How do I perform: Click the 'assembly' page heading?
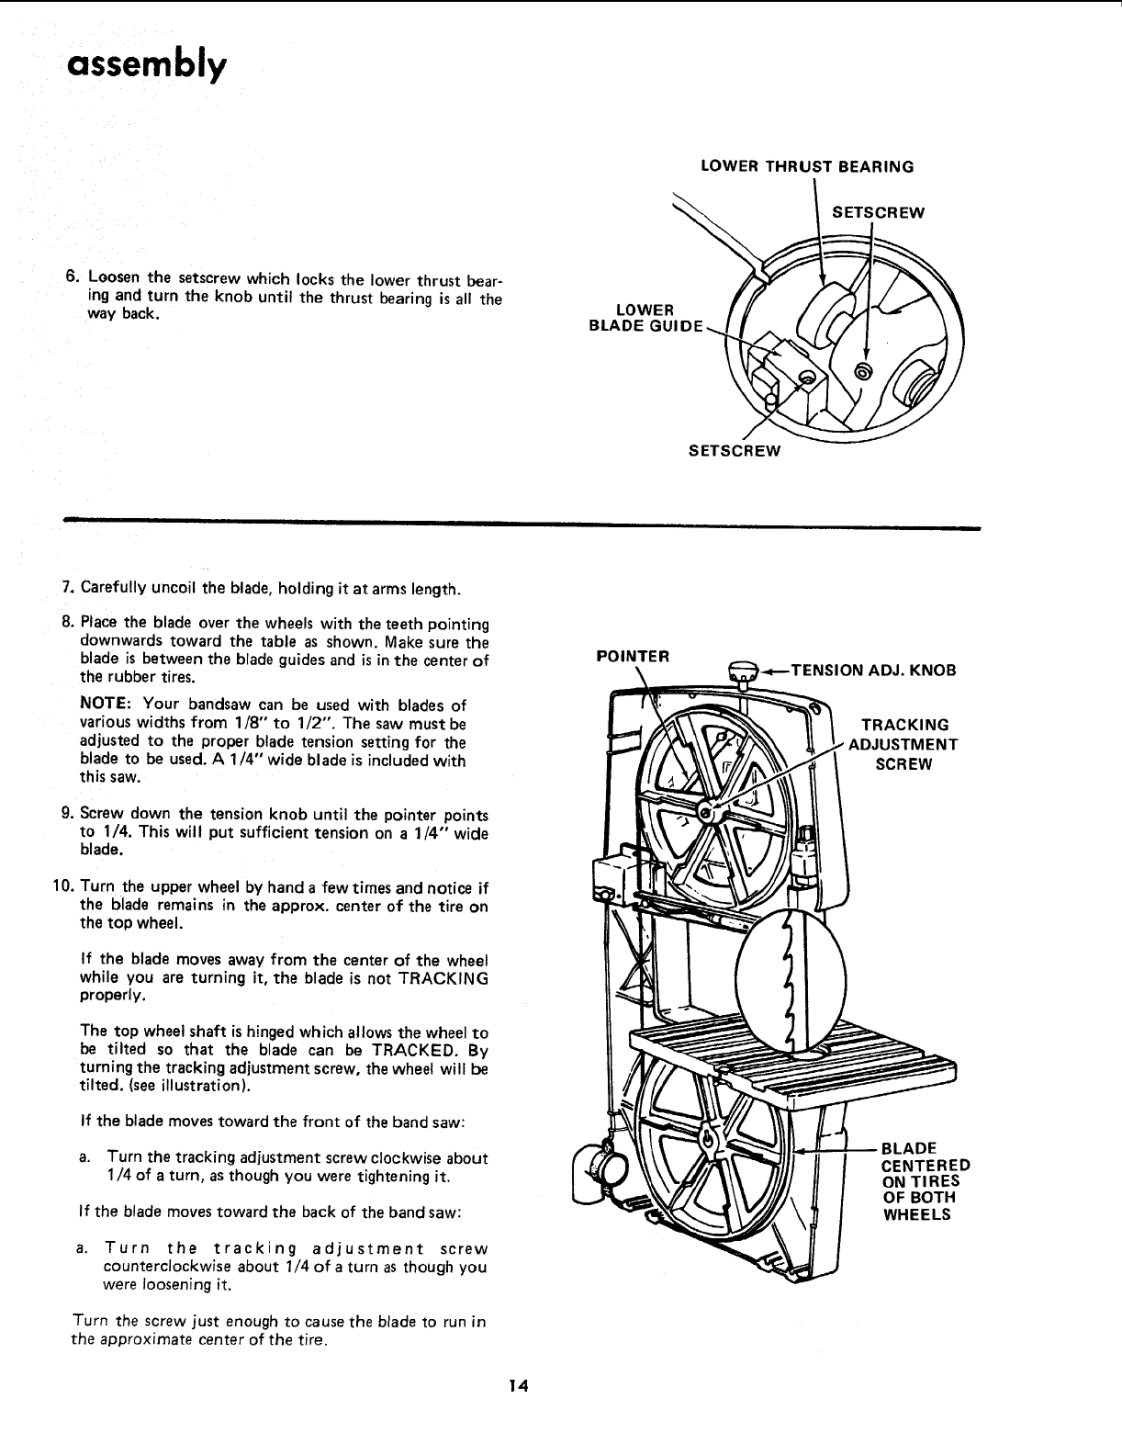click(145, 65)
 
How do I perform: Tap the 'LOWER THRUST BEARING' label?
click(806, 166)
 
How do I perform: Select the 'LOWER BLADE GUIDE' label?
click(645, 317)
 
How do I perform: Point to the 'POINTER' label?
click(633, 656)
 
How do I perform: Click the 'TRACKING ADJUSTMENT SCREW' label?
click(903, 744)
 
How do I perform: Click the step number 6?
click(70, 277)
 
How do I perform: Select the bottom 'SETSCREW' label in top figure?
click(735, 450)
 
